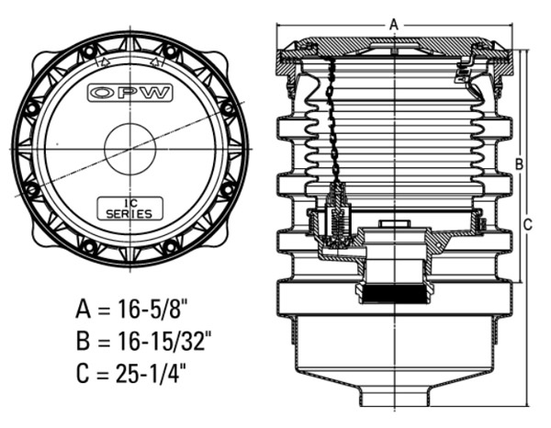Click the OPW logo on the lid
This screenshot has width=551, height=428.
129,93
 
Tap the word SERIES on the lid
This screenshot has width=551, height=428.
129,213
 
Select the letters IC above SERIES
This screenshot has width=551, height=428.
129,203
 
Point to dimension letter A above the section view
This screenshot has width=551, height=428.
394,22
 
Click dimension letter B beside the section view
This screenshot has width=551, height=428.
520,163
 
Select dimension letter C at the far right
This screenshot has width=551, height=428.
528,223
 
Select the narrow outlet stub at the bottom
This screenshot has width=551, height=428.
394,398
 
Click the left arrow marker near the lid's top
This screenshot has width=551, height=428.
103,63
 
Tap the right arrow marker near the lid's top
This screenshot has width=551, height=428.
157,63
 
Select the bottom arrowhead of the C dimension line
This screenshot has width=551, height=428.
529,401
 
